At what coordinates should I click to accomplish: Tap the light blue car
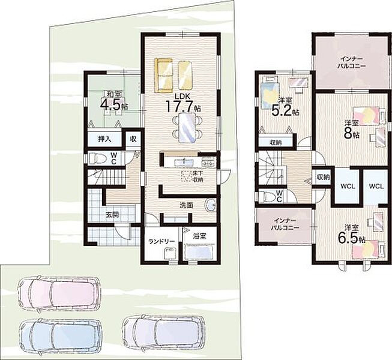[x=60, y=335]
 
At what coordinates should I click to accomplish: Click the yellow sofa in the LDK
[x=164, y=75]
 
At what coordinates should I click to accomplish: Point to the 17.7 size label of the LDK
[x=179, y=106]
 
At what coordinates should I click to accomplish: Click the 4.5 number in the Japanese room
[x=110, y=104]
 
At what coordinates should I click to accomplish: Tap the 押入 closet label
[x=104, y=139]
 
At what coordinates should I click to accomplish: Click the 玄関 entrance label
[x=112, y=215]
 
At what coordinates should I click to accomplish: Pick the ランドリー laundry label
[x=161, y=241]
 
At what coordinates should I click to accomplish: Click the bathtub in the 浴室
[x=199, y=253]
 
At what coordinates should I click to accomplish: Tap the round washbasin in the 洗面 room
[x=210, y=205]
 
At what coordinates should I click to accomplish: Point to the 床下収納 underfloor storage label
[x=198, y=176]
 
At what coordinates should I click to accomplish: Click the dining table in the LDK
[x=187, y=127]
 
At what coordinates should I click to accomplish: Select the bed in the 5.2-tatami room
[x=269, y=92]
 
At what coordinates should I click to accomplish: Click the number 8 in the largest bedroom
[x=348, y=134]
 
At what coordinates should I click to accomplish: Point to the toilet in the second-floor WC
[x=267, y=196]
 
